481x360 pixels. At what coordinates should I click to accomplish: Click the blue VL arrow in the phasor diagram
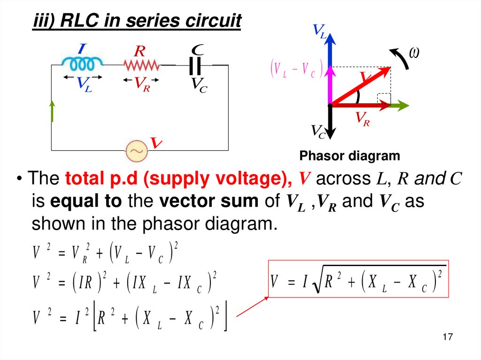[330, 49]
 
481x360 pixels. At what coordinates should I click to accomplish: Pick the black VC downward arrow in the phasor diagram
[330, 122]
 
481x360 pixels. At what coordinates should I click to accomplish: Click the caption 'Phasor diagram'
[349, 156]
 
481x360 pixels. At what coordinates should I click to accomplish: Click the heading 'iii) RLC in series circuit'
[137, 21]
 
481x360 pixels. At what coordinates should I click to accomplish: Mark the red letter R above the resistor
[139, 50]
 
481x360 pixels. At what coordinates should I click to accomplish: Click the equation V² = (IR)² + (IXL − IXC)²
[125, 283]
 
